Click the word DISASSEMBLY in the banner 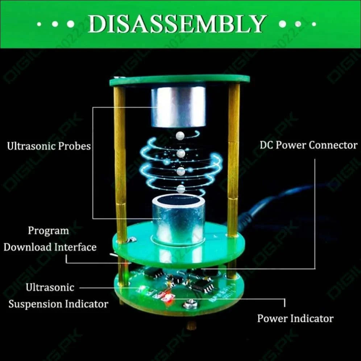click(x=177, y=24)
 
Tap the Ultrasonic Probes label click(x=49, y=146)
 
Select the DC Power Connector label click(x=308, y=145)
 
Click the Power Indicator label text click(x=295, y=319)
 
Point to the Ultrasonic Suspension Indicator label click(x=58, y=296)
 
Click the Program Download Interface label click(x=50, y=239)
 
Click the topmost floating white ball click(x=180, y=136)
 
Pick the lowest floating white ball click(x=181, y=188)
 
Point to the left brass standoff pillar click(x=120, y=163)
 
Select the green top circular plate click(x=179, y=80)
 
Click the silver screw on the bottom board click(x=188, y=304)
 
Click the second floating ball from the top click(x=181, y=153)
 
